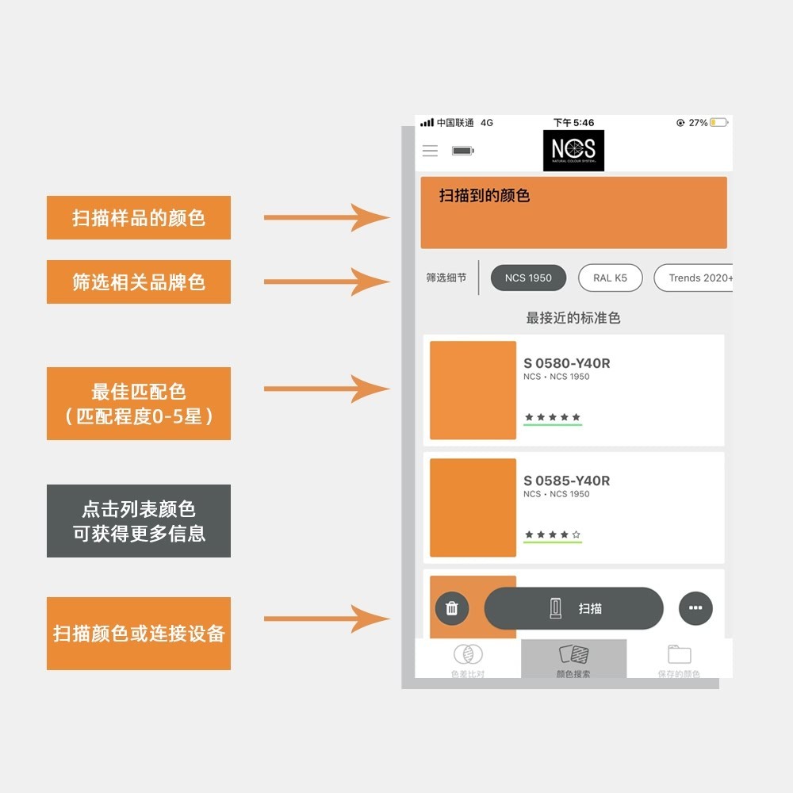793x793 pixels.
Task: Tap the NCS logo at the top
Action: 573,151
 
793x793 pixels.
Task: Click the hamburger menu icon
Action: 430,151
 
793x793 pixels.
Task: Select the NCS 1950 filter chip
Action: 527,278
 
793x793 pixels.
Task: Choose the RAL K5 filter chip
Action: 610,278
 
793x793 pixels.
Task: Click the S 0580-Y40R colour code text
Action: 566,363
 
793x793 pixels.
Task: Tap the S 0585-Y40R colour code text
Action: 566,481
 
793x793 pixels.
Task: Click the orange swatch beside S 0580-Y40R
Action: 473,390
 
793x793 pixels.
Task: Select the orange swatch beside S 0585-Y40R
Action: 473,508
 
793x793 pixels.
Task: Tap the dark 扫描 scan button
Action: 573,608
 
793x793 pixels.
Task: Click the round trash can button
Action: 452,608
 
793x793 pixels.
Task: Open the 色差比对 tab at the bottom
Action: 467,660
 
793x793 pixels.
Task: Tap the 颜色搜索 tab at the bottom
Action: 573,660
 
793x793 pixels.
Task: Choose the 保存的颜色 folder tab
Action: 679,660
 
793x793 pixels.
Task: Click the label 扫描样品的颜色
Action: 139,218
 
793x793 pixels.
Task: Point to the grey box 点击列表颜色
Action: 139,521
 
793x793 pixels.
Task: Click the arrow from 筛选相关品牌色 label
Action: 325,282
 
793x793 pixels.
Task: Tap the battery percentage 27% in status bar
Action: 698,123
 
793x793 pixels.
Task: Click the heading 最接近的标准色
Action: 573,318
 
